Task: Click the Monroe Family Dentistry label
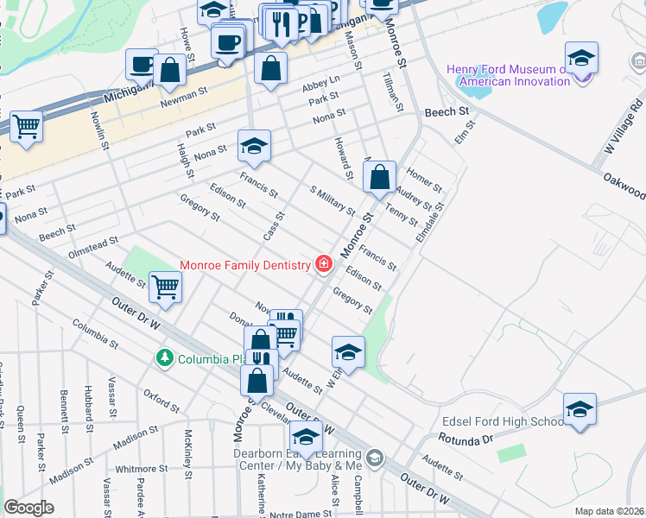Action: pos(244,264)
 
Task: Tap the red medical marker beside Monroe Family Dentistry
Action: pos(324,264)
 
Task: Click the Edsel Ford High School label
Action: pos(503,421)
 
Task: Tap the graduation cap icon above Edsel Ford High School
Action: pos(579,411)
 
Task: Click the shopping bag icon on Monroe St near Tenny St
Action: pos(380,179)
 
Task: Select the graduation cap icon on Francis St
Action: pos(255,147)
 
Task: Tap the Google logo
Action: pos(28,507)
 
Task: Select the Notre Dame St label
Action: pos(300,513)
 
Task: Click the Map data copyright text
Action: pos(610,511)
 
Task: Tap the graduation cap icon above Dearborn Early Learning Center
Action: pos(305,436)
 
